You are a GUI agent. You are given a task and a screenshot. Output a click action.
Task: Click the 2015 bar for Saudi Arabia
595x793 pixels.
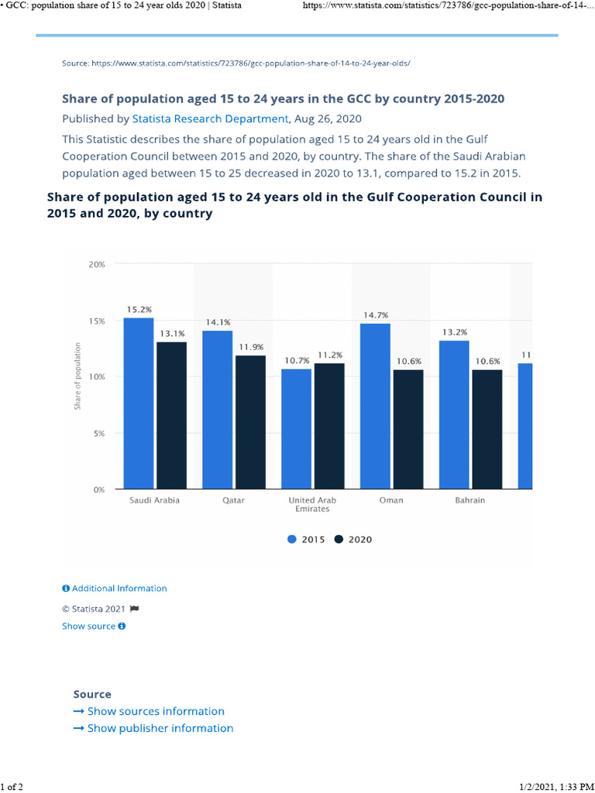click(139, 403)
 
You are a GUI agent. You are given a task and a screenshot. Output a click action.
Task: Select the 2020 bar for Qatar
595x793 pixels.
click(250, 422)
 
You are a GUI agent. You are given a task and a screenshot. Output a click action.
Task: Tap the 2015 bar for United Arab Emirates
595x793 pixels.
click(297, 429)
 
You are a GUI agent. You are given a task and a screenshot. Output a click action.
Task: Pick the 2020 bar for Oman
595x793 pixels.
click(408, 430)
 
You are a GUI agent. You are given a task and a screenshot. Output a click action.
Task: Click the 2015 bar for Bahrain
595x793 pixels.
click(455, 415)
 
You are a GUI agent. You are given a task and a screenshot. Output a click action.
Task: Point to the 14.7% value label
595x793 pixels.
click(376, 315)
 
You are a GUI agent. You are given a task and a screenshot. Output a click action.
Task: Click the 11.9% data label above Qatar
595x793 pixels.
click(251, 347)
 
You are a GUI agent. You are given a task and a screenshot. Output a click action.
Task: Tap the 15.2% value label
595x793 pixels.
click(139, 309)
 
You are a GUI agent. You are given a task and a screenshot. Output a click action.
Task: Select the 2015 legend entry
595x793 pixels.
click(306, 540)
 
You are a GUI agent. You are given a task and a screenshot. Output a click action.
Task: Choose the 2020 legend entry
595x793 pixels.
click(353, 540)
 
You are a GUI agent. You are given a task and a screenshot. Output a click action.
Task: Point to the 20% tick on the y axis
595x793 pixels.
click(97, 264)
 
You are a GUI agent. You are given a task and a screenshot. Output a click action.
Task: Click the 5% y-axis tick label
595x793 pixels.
click(99, 434)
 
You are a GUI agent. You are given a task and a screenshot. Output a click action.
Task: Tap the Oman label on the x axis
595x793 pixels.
click(391, 500)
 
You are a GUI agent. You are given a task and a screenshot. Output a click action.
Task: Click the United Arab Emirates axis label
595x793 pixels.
click(312, 504)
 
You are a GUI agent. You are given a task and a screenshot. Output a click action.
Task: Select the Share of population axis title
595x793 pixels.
click(77, 376)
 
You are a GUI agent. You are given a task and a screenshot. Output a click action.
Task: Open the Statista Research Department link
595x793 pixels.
click(209, 119)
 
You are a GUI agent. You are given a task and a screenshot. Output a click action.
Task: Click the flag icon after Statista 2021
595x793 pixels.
click(134, 609)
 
